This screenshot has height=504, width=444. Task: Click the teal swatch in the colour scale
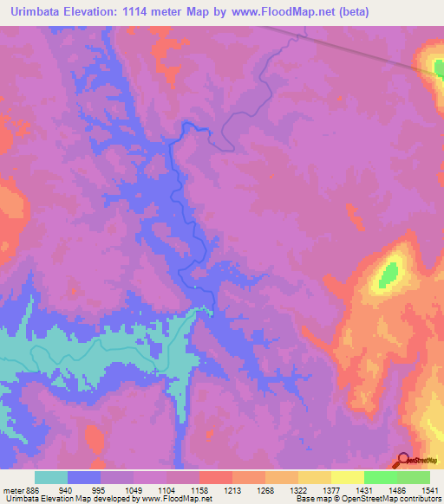click(51, 477)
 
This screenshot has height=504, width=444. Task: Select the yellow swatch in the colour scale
click(347, 477)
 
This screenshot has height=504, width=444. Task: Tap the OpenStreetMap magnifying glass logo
click(403, 460)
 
